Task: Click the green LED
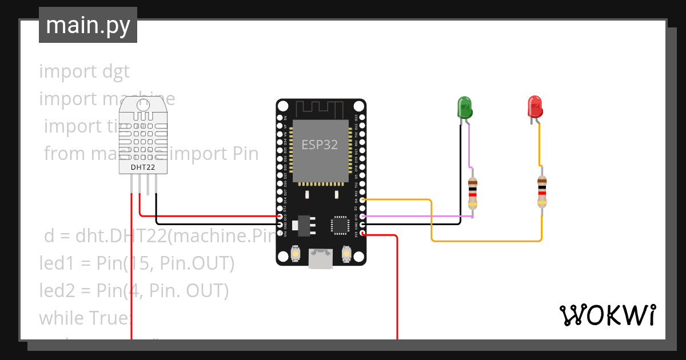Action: pyautogui.click(x=464, y=107)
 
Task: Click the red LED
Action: pyautogui.click(x=535, y=107)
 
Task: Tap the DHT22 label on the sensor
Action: pyautogui.click(x=142, y=167)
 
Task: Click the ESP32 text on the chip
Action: pyautogui.click(x=320, y=145)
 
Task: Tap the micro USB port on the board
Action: pyautogui.click(x=320, y=258)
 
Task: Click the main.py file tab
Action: pyautogui.click(x=87, y=25)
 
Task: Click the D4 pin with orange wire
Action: pyautogui.click(x=362, y=200)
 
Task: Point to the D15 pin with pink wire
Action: pyautogui.click(x=362, y=217)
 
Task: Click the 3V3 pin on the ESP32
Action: pyautogui.click(x=362, y=233)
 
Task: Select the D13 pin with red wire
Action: pyautogui.click(x=279, y=217)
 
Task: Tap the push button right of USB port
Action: pyautogui.click(x=345, y=253)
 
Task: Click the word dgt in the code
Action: pyautogui.click(x=116, y=71)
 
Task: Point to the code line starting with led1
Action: pyautogui.click(x=137, y=263)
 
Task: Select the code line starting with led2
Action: pyautogui.click(x=134, y=291)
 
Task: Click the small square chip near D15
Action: pyautogui.click(x=340, y=225)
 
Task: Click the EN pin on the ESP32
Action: pyautogui.click(x=362, y=117)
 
